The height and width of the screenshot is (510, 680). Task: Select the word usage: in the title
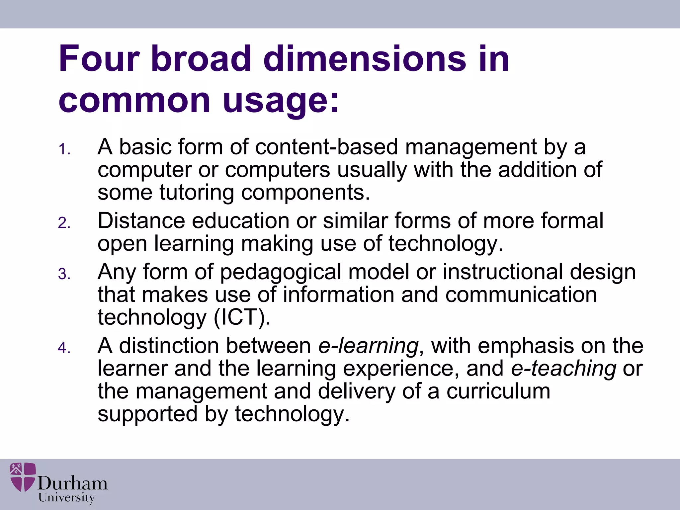coord(281,101)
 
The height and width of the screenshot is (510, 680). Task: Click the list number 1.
coord(64,149)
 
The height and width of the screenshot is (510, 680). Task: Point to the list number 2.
coord(64,223)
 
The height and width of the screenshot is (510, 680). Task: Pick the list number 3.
coord(64,274)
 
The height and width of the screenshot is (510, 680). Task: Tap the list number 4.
coord(64,348)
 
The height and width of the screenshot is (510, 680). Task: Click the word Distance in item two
coord(141,220)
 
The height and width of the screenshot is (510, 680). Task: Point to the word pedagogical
coord(281,272)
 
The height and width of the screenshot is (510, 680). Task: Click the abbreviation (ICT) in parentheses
coord(242,317)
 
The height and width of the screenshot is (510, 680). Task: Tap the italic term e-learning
coord(368,346)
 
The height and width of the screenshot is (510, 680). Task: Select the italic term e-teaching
coord(563,369)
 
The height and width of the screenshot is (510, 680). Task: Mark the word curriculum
coord(498,391)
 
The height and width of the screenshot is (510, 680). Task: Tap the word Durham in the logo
coord(72,483)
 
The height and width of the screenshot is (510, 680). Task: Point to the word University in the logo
coord(66,498)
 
